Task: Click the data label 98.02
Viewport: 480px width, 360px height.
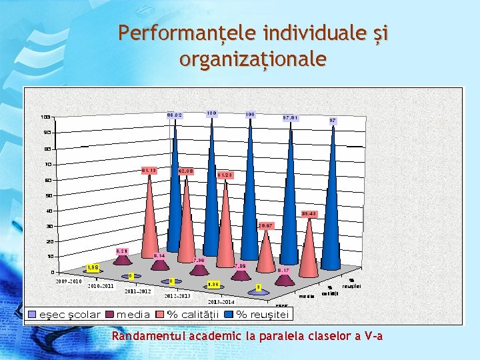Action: [x=174, y=115]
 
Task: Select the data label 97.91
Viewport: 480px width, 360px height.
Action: [x=290, y=118]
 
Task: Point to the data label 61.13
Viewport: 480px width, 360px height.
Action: [x=149, y=170]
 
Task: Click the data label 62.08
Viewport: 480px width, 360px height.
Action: [x=186, y=171]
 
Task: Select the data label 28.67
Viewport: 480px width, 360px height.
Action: [x=266, y=226]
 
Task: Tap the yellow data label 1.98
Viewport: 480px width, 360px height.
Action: [x=93, y=268]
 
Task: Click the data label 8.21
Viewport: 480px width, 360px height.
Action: [x=121, y=251]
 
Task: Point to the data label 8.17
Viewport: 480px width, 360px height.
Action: [x=283, y=271]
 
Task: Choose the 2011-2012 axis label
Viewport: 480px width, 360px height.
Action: [x=137, y=291]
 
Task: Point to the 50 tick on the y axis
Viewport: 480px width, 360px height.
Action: [x=48, y=195]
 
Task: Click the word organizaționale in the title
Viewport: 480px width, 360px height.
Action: [x=253, y=59]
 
